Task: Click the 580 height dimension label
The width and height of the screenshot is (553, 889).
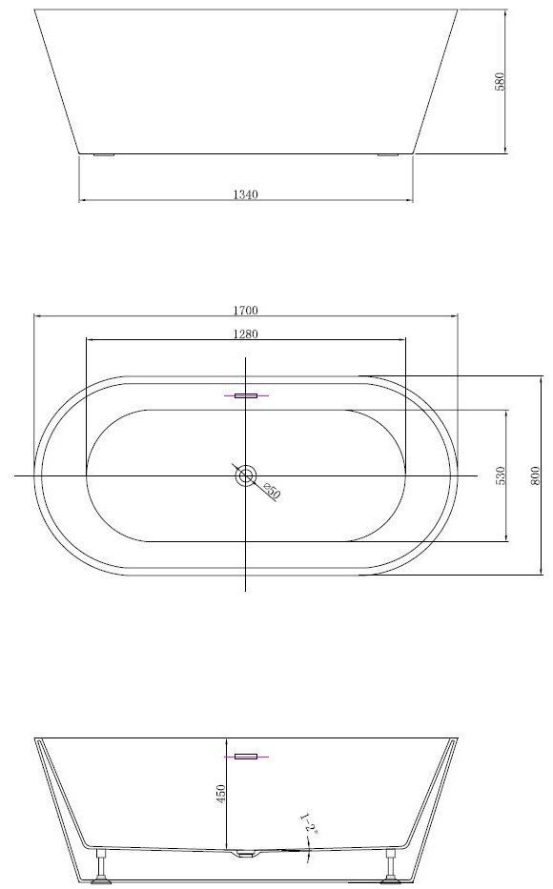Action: (500, 82)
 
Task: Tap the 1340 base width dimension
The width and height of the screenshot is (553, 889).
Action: (246, 194)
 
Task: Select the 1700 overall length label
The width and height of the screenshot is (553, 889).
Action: (246, 310)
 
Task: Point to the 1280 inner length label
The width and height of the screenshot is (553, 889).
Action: (246, 333)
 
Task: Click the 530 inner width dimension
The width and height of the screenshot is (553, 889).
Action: (500, 475)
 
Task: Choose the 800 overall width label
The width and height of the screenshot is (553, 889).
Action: (534, 475)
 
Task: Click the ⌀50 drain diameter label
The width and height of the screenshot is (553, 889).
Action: (272, 492)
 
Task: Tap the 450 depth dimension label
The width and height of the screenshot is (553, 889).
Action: (221, 793)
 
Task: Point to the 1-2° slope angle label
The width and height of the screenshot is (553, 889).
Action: (310, 824)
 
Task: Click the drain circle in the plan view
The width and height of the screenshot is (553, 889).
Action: (246, 475)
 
